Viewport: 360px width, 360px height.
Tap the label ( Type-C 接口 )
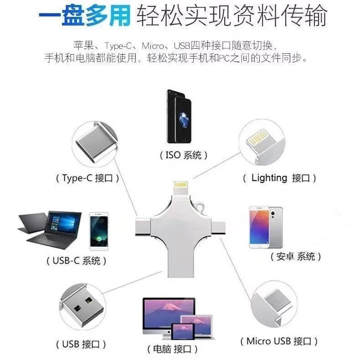(87, 178)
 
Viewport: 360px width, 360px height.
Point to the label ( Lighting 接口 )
(279, 178)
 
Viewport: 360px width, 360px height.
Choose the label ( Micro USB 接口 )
(279, 341)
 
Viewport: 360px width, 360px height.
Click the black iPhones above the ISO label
(181, 116)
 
